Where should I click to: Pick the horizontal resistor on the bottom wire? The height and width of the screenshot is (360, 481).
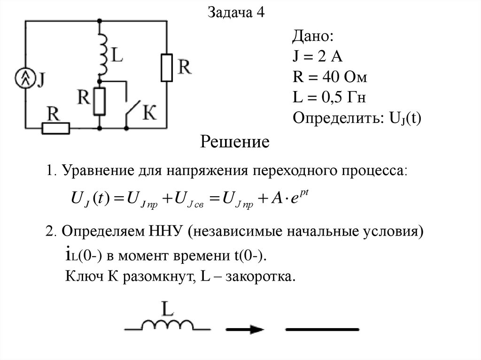coord(56,128)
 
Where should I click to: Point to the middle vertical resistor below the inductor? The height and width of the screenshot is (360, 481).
coord(100,101)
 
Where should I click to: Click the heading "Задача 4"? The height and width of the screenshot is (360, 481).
coord(236,13)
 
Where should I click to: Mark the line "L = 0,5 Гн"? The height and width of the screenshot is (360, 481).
coord(329,98)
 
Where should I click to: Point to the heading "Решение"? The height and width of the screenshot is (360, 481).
coord(235,141)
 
